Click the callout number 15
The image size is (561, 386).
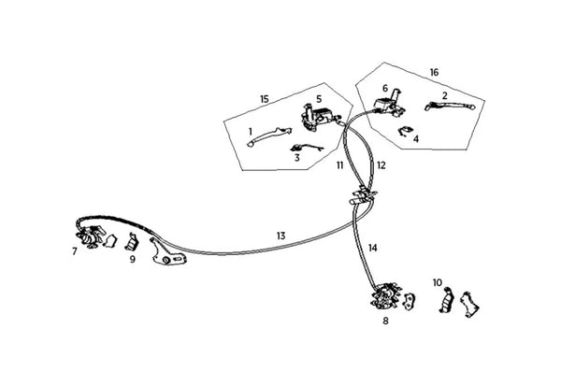coord(265,98)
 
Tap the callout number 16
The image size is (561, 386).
coord(434,72)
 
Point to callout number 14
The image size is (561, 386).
coord(373,249)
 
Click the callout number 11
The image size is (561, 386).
coord(340,164)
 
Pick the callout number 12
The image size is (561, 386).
coord(381,165)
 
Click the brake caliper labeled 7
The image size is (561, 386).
coord(91,237)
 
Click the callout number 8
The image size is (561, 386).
coord(384,320)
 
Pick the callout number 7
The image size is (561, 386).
coord(75,251)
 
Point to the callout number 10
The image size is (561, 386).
coord(438,281)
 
